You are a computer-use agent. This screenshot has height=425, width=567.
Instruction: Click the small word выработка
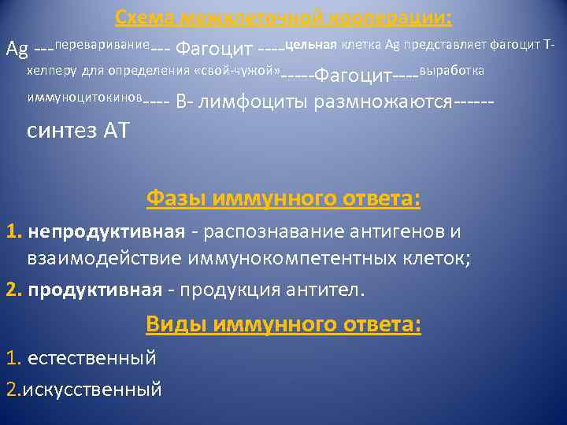[452, 71]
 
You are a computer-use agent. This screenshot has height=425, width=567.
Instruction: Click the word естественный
[91, 358]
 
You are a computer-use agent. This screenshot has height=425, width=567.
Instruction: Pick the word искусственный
[94, 388]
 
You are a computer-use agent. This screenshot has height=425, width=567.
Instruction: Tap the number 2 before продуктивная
[11, 290]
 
